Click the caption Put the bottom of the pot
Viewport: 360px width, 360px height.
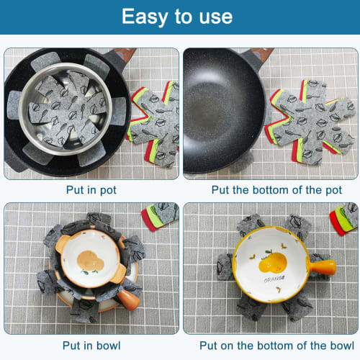pos(271,190)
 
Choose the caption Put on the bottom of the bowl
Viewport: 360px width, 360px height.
pos(271,345)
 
